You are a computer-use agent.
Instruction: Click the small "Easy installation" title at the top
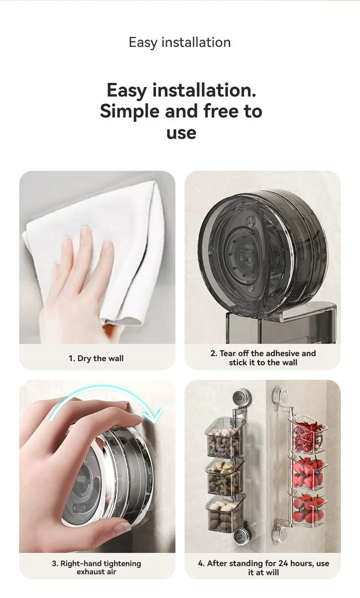click(x=180, y=42)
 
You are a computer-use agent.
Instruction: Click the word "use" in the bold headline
click(x=181, y=133)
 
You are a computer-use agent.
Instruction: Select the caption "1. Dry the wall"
click(x=96, y=358)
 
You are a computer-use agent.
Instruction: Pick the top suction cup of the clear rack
click(x=279, y=394)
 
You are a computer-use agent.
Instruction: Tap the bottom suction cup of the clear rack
click(x=279, y=532)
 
